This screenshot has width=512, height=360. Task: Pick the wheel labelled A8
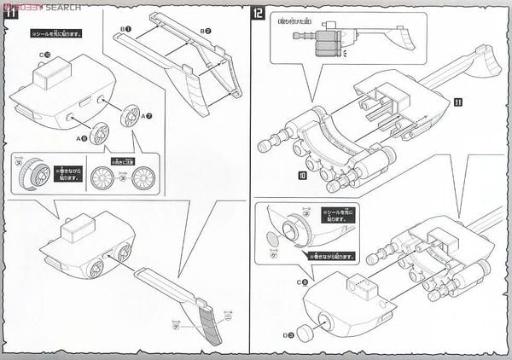point(98,133)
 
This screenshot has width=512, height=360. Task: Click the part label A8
point(82,137)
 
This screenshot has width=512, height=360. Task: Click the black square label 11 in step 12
point(457,102)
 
